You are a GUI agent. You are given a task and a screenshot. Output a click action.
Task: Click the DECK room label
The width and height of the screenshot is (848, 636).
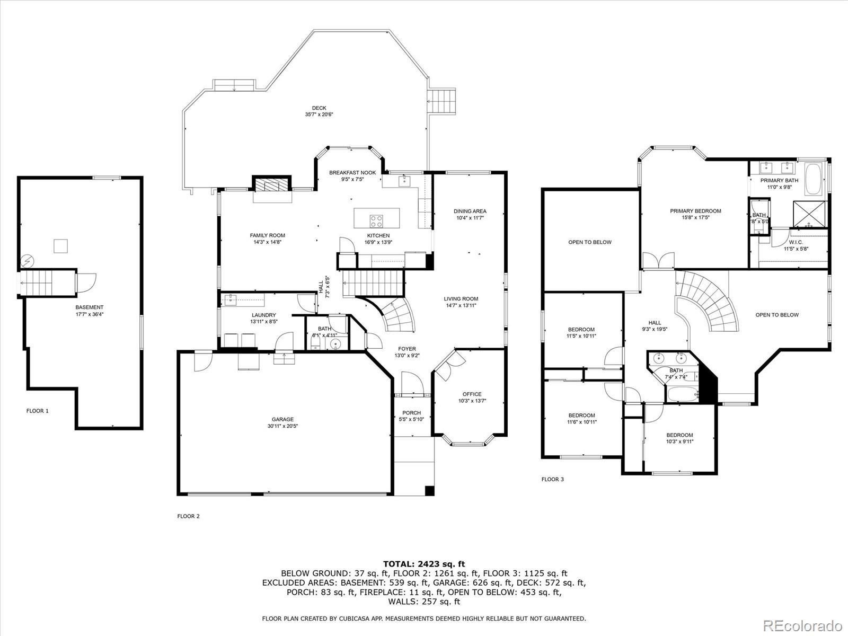pyautogui.click(x=319, y=108)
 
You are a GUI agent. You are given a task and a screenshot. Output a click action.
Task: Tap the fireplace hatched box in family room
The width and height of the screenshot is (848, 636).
pyautogui.click(x=272, y=185)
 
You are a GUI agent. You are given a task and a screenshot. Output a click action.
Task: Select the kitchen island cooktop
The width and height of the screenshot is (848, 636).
pyautogui.click(x=376, y=221)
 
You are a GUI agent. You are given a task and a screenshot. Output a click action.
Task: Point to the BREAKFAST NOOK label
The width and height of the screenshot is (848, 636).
pyautogui.click(x=352, y=173)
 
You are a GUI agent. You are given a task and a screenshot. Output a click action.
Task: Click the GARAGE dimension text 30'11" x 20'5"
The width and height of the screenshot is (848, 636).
pyautogui.click(x=283, y=426)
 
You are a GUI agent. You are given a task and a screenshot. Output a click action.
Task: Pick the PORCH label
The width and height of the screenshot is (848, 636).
pyautogui.click(x=411, y=413)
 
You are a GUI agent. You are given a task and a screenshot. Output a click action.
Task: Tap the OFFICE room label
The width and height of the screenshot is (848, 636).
pyautogui.click(x=472, y=394)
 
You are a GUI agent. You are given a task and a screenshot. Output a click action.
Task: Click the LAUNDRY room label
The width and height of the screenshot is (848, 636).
pyautogui.click(x=264, y=315)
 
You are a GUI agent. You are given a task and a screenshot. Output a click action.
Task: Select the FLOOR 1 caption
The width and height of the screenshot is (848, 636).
pyautogui.click(x=38, y=411)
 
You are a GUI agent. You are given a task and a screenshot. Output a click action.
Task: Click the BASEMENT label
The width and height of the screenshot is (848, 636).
pyautogui.click(x=89, y=307)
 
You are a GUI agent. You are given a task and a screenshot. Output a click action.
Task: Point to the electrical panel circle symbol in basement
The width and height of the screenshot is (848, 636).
pyautogui.click(x=28, y=261)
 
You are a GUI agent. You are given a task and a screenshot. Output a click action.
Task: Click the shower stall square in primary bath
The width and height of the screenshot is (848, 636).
pyautogui.click(x=809, y=214)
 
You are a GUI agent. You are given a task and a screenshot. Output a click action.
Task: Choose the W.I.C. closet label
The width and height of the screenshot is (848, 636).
pyautogui.click(x=796, y=242)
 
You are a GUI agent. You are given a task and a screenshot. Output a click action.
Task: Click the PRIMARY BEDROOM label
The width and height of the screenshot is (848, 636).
pyautogui.click(x=695, y=211)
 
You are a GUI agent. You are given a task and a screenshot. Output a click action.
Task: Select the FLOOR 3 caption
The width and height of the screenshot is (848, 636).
pyautogui.click(x=552, y=479)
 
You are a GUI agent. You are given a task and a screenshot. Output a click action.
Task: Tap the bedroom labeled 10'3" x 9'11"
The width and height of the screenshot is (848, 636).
pyautogui.click(x=679, y=438)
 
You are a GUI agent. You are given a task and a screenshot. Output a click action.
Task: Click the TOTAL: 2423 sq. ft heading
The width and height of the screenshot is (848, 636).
pyautogui.click(x=424, y=564)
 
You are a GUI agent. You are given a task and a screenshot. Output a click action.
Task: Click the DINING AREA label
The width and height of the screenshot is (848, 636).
pyautogui.click(x=470, y=211)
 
